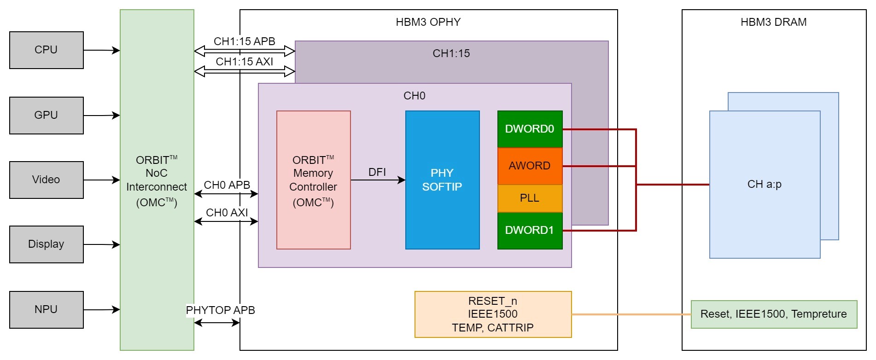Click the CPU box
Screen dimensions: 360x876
pos(46,50)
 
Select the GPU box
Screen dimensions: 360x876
pos(46,115)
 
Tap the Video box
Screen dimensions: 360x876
pos(46,180)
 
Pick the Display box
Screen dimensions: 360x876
pos(46,244)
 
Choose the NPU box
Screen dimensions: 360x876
pos(46,309)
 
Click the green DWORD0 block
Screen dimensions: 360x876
pos(530,129)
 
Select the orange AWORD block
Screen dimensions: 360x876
pos(530,166)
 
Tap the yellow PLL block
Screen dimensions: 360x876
pos(530,198)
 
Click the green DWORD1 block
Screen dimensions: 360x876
pos(530,230)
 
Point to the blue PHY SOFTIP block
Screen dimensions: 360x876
pos(442,180)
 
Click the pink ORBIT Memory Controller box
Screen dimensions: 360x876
pos(313,180)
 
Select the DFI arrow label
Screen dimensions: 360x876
pos(377,172)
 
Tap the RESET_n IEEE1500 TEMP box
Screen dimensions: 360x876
pos(493,314)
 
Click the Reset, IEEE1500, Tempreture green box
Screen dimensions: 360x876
pos(774,314)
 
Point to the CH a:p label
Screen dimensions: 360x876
pos(765,184)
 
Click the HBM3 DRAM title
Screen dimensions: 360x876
pos(774,22)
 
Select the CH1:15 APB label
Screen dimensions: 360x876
pos(245,41)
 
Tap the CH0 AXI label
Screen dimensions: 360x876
pos(227,213)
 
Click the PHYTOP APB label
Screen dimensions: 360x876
pos(221,310)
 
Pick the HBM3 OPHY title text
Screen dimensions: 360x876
pos(428,22)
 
